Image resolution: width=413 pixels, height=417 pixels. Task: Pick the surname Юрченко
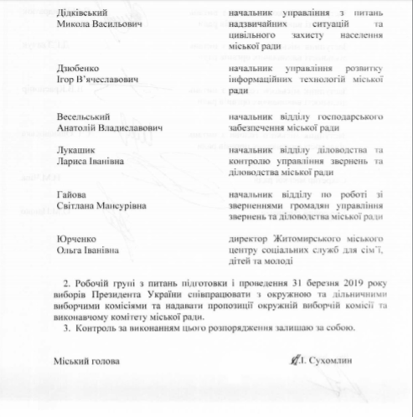tap(73, 239)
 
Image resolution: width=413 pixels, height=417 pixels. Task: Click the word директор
tap(250, 239)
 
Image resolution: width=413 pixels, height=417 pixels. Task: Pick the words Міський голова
tap(83, 360)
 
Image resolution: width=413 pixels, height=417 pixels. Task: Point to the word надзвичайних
tap(267, 26)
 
